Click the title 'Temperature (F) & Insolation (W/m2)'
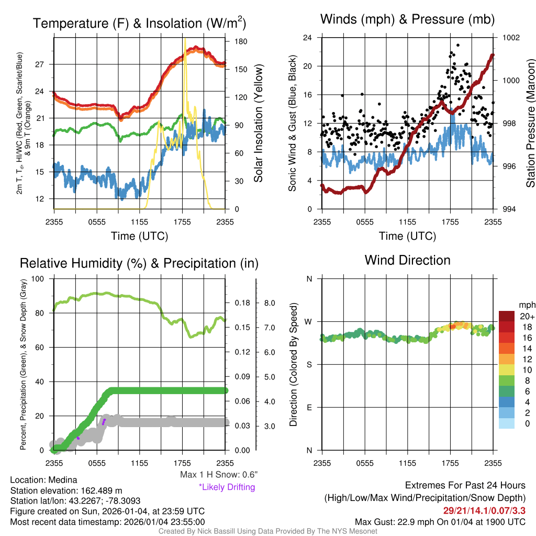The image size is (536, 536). (140, 23)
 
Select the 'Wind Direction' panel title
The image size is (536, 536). (407, 260)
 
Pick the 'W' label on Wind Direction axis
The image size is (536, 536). (309, 321)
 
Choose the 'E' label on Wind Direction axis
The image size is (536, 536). (309, 407)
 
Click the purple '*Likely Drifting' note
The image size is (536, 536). (227, 487)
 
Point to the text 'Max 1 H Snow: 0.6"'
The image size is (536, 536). (218, 475)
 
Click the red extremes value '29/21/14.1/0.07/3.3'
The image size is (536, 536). (484, 510)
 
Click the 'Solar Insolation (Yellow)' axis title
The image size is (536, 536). (258, 124)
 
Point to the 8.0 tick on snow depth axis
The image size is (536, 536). (270, 303)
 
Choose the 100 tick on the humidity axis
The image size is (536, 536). (38, 278)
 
